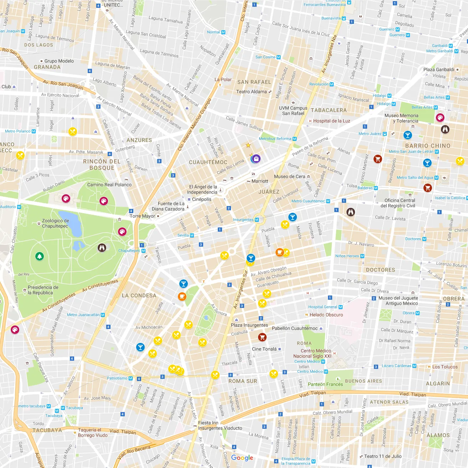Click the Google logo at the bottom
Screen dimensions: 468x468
(x=242, y=458)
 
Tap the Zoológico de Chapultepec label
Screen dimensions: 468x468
(x=55, y=223)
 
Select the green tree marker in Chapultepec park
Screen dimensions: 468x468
(x=40, y=256)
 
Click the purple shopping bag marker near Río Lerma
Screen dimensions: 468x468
(x=256, y=159)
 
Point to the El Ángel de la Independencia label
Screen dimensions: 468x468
(x=203, y=189)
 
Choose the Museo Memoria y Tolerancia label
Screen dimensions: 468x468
(x=401, y=118)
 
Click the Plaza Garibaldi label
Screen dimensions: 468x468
(x=439, y=70)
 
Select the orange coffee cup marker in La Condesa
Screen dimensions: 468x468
(x=182, y=296)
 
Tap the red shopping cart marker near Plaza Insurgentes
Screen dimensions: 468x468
(x=262, y=337)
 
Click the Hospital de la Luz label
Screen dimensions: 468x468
(x=331, y=121)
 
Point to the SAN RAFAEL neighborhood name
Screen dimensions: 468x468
(x=254, y=82)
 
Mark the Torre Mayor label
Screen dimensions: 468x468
(x=142, y=216)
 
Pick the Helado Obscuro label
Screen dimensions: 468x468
(x=326, y=315)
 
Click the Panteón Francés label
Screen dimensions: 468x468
(x=325, y=384)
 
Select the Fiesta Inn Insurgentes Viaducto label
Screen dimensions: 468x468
(x=220, y=426)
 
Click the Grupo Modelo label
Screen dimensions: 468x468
(x=59, y=61)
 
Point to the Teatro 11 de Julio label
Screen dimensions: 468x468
(x=382, y=456)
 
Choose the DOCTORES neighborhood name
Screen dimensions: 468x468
(x=380, y=270)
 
